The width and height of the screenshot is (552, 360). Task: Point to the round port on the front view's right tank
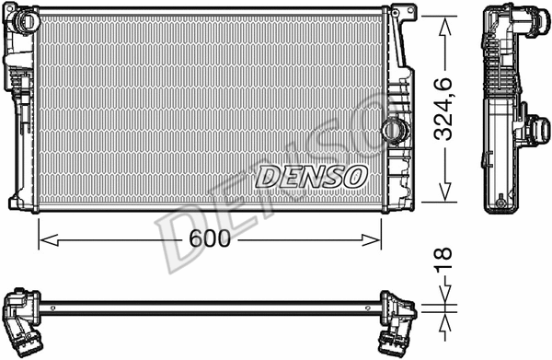396,130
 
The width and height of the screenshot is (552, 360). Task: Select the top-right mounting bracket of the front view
401,13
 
